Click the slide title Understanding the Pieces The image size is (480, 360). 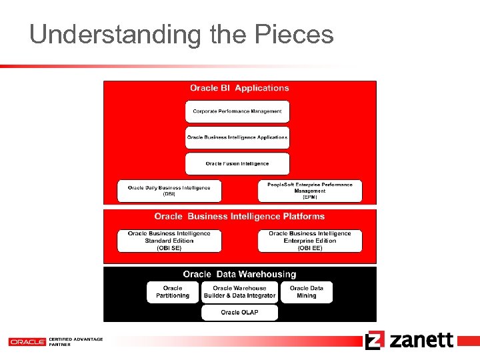(x=181, y=34)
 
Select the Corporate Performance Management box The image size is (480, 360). (x=237, y=111)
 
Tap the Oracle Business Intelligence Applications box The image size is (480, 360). (x=237, y=137)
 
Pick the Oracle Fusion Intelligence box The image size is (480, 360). (x=237, y=163)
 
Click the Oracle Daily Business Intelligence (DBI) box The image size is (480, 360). (x=169, y=191)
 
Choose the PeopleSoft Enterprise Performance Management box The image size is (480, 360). (x=310, y=191)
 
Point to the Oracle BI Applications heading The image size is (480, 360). (x=239, y=88)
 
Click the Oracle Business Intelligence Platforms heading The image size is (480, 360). (x=239, y=217)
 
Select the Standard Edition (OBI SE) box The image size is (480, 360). (x=169, y=241)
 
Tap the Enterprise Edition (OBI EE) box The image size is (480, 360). (x=310, y=241)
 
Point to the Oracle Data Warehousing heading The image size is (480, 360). (x=239, y=274)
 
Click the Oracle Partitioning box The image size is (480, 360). (x=173, y=292)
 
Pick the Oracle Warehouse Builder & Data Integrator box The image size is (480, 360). (x=239, y=292)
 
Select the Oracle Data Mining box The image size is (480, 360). (x=307, y=292)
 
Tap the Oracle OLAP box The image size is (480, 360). (x=239, y=312)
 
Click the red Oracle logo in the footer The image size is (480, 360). (x=27, y=341)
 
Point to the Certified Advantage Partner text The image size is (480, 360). (x=75, y=341)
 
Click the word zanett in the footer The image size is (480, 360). (x=421, y=340)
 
